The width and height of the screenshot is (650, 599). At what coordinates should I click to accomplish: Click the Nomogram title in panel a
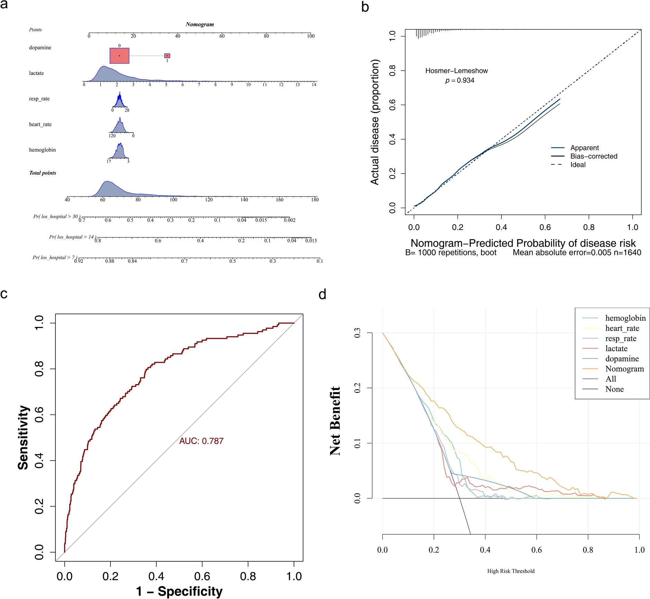point(199,24)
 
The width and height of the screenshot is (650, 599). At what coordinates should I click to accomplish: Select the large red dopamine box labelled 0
point(119,56)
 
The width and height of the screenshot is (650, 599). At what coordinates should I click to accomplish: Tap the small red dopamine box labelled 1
point(167,56)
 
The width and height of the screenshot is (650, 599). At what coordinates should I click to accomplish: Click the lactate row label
point(36,73)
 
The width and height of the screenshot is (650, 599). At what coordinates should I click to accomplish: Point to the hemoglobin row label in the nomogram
point(42,150)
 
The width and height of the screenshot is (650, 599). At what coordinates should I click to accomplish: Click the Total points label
point(43,173)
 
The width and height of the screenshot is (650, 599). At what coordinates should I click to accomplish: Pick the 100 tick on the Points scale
point(311,36)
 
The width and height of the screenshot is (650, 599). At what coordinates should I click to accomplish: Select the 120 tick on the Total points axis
point(209,199)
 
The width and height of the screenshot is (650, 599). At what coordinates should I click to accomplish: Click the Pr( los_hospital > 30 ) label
point(56,217)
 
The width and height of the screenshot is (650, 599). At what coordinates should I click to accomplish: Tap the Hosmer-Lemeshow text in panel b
point(456,71)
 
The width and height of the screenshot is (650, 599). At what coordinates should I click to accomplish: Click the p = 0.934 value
point(460,80)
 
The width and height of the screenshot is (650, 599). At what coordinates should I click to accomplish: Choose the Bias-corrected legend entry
point(594,156)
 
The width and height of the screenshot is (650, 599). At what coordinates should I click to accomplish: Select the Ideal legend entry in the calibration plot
point(578,165)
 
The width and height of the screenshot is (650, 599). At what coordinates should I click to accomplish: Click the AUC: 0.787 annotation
point(201,441)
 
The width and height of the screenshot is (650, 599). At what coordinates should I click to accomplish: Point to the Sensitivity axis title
point(23,437)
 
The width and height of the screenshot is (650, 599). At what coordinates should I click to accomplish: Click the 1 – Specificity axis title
point(179,591)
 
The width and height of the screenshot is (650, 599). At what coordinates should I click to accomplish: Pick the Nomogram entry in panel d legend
point(624,369)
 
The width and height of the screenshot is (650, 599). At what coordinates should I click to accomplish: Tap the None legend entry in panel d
point(614,389)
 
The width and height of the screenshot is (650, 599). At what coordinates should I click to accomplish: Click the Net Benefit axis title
point(335,421)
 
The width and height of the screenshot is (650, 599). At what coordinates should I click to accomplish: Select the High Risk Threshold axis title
point(511,571)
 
